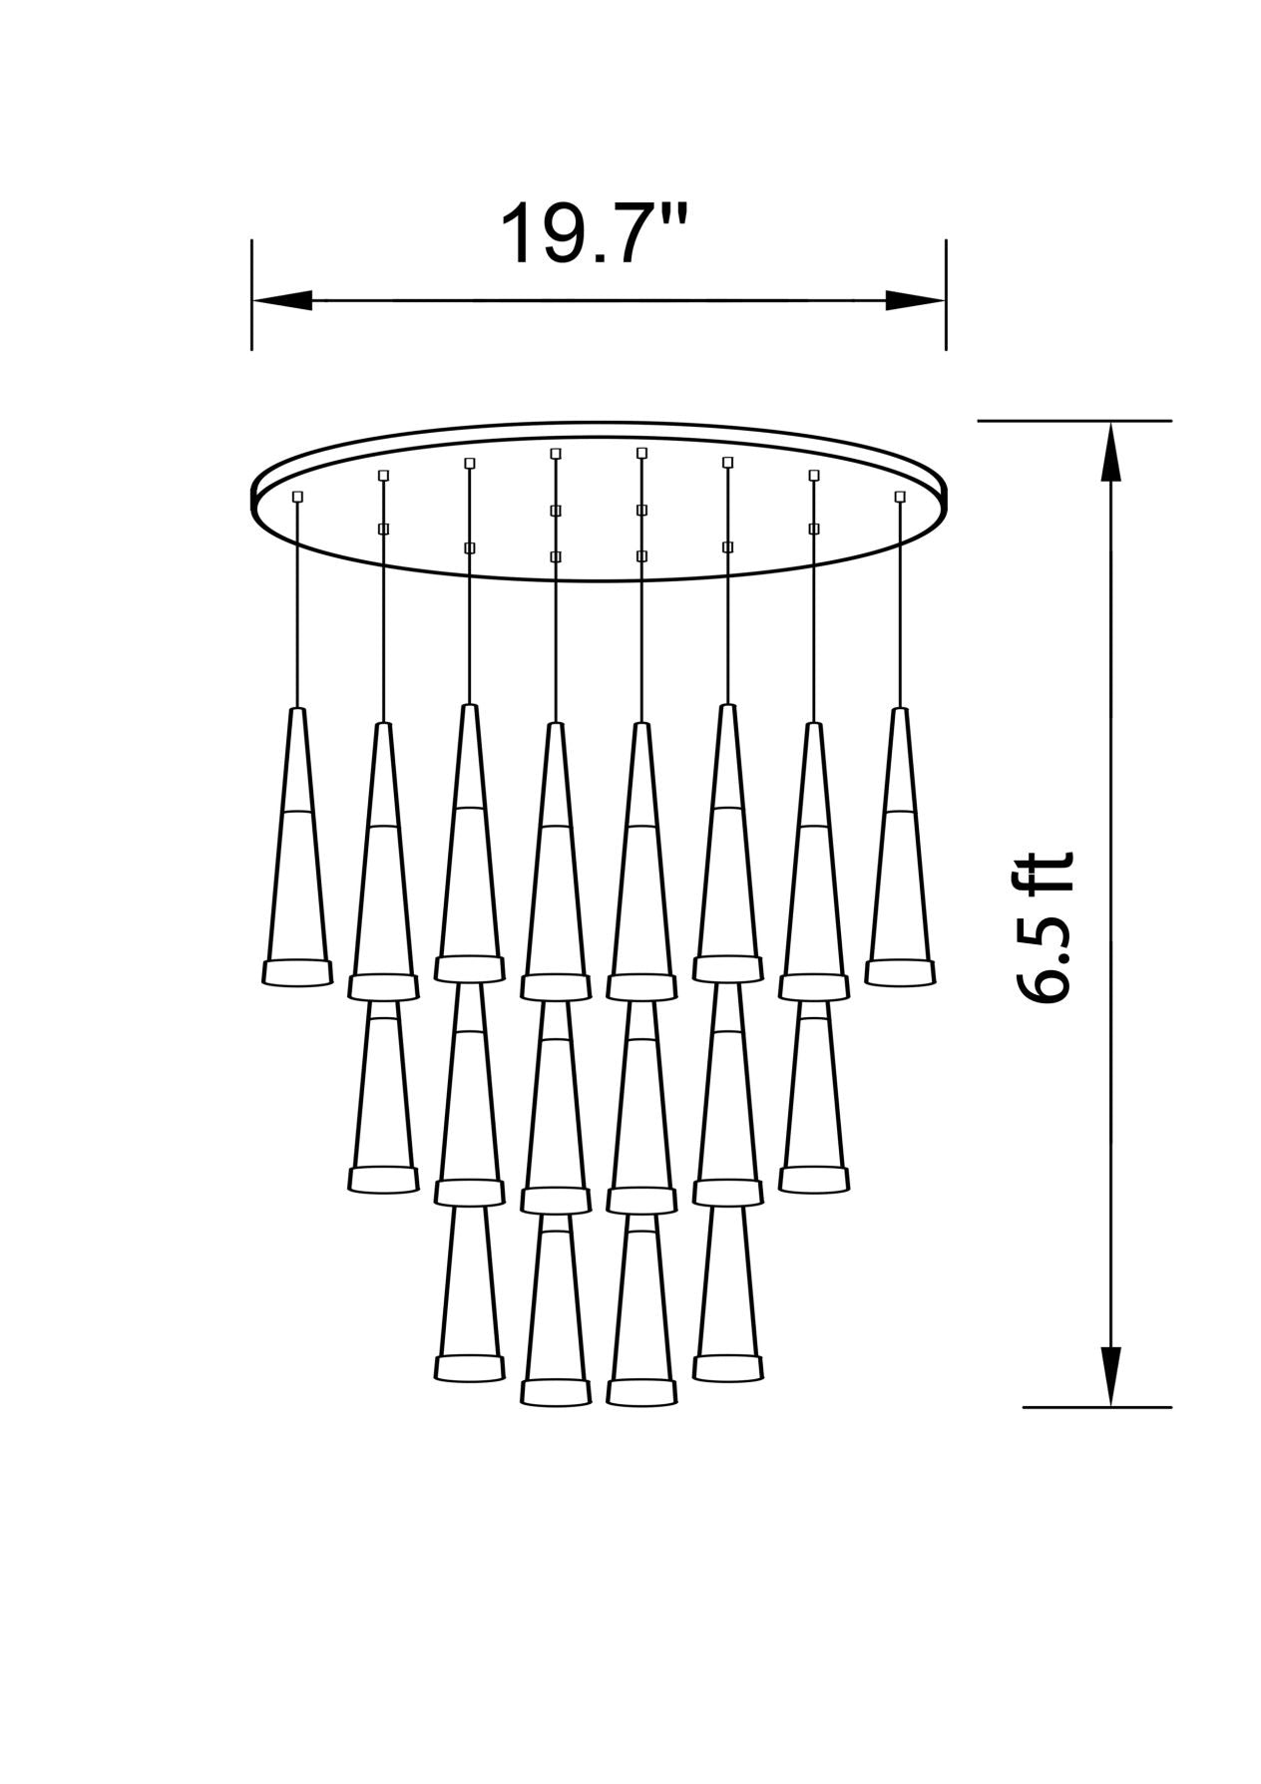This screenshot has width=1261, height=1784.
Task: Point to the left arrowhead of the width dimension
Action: click(282, 299)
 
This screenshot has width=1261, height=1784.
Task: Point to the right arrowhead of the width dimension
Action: click(915, 299)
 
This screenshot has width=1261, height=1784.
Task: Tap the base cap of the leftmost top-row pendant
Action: click(296, 973)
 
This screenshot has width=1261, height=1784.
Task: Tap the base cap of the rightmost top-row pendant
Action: click(900, 973)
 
